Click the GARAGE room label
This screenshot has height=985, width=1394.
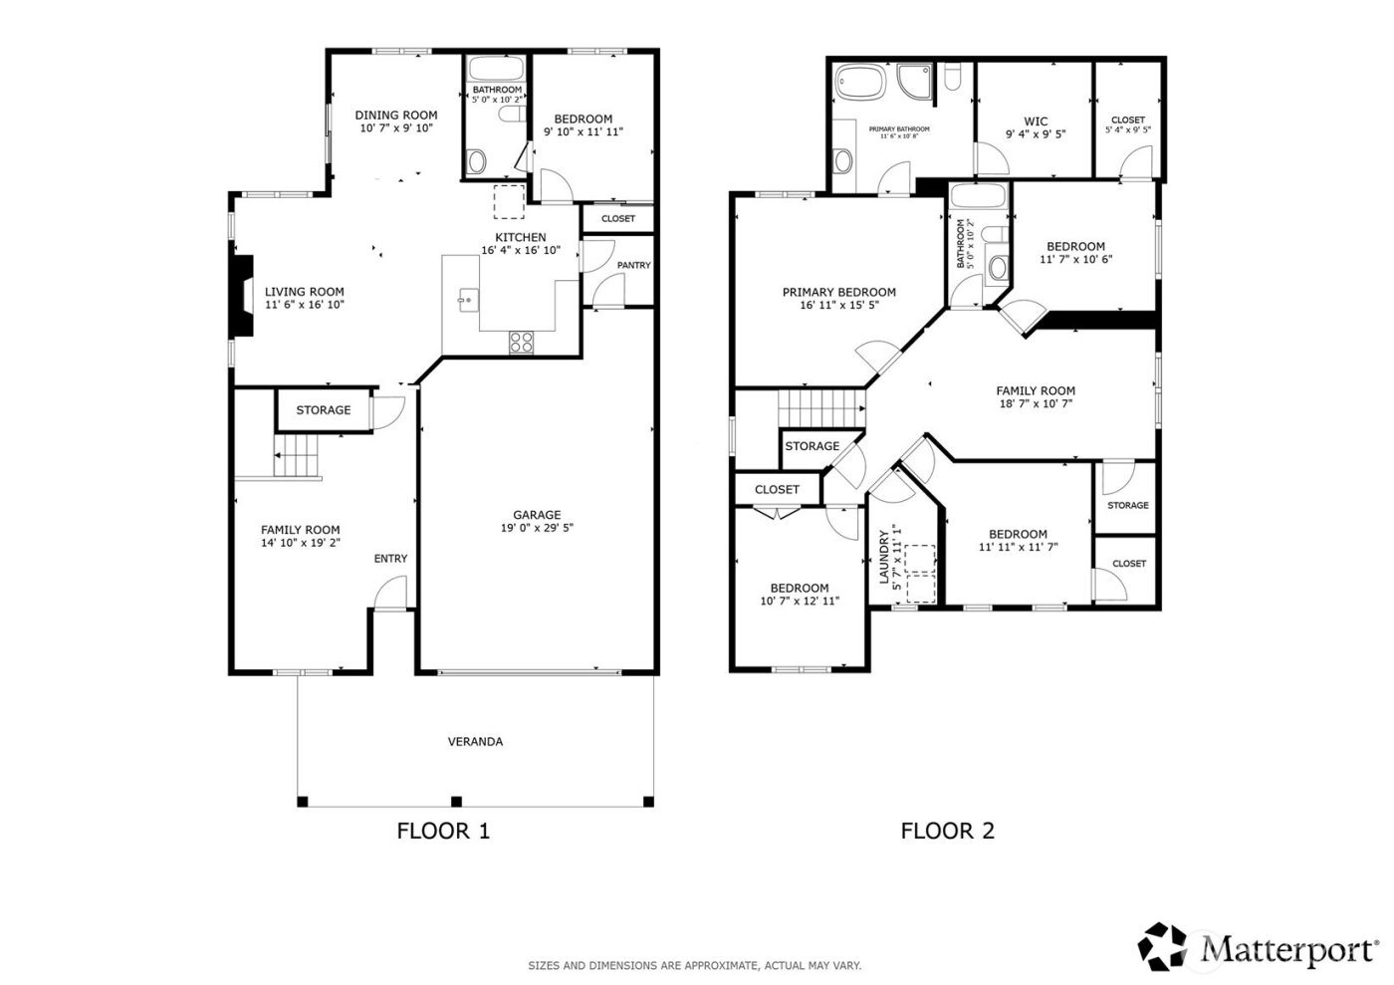tap(537, 515)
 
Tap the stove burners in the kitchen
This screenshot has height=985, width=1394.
tap(521, 342)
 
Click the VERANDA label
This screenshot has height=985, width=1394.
tap(475, 741)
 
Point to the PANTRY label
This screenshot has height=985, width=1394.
tap(633, 265)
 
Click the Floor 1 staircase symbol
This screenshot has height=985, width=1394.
tap(297, 458)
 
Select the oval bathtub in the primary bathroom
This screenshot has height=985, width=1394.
tap(861, 83)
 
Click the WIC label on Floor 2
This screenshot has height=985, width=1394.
tap(1036, 122)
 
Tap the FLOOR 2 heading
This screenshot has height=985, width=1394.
tap(947, 830)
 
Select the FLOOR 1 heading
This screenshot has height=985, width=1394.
tap(443, 830)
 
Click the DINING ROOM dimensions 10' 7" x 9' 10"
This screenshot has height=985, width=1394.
tap(396, 127)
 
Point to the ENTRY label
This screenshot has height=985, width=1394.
tap(390, 559)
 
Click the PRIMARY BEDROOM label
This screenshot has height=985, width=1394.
tap(838, 292)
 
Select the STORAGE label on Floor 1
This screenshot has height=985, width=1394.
tap(323, 409)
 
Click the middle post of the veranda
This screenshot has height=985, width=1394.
tap(456, 800)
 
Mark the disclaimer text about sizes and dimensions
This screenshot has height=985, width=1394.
tap(694, 965)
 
